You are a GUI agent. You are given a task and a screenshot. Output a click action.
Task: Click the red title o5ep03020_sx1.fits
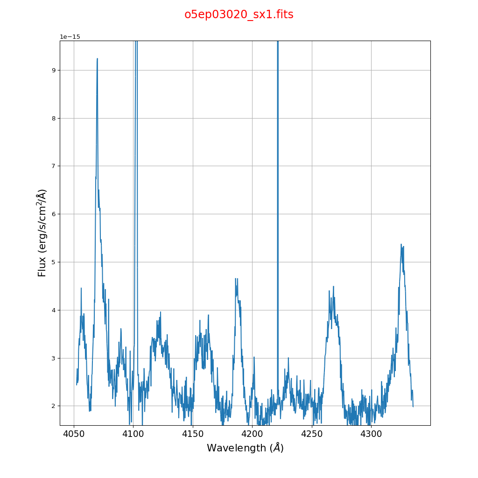[239, 14]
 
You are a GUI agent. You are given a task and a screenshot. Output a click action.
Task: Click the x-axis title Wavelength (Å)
[245, 448]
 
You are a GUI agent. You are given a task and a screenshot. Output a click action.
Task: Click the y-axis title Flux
[42, 232]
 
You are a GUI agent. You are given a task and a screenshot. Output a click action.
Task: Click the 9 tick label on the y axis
[54, 70]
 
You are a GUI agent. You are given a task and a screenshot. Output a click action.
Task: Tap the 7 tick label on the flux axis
[54, 166]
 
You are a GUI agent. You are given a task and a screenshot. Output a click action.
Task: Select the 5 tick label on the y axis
[54, 262]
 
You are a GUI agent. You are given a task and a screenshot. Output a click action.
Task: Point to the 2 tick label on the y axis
[54, 406]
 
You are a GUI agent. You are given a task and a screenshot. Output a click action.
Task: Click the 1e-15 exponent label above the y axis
[70, 37]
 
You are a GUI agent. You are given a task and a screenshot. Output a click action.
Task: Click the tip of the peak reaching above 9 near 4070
[97, 59]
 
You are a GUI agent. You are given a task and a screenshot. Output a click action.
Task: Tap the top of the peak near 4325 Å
[401, 244]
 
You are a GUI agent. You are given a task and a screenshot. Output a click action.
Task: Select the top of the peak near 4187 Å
[236, 279]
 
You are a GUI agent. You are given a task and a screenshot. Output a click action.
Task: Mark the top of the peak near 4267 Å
[333, 287]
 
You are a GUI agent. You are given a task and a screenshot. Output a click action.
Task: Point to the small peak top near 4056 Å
[81, 288]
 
